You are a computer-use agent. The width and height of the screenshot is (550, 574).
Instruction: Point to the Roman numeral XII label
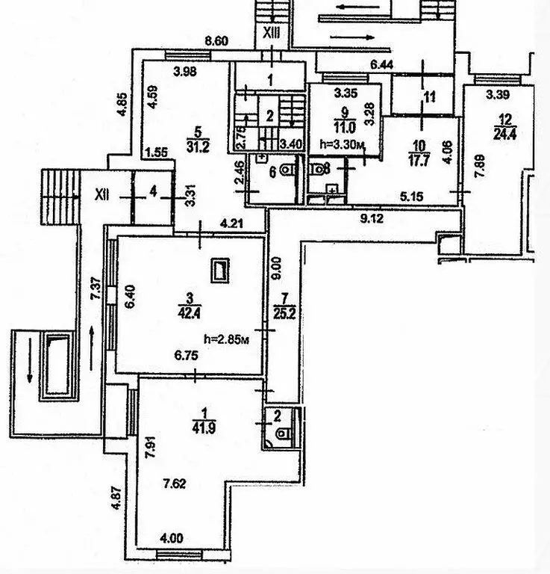click(103, 194)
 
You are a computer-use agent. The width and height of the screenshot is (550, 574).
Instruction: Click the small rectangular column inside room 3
click(219, 270)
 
